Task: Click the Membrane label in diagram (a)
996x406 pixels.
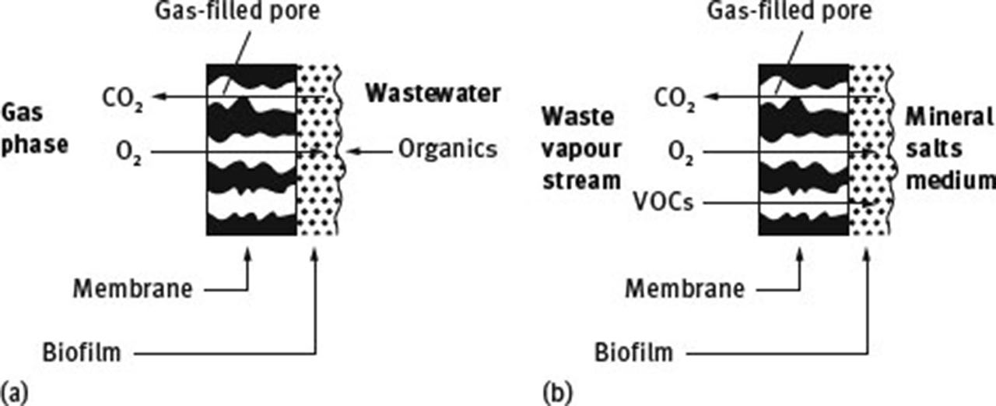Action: pyautogui.click(x=132, y=289)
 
